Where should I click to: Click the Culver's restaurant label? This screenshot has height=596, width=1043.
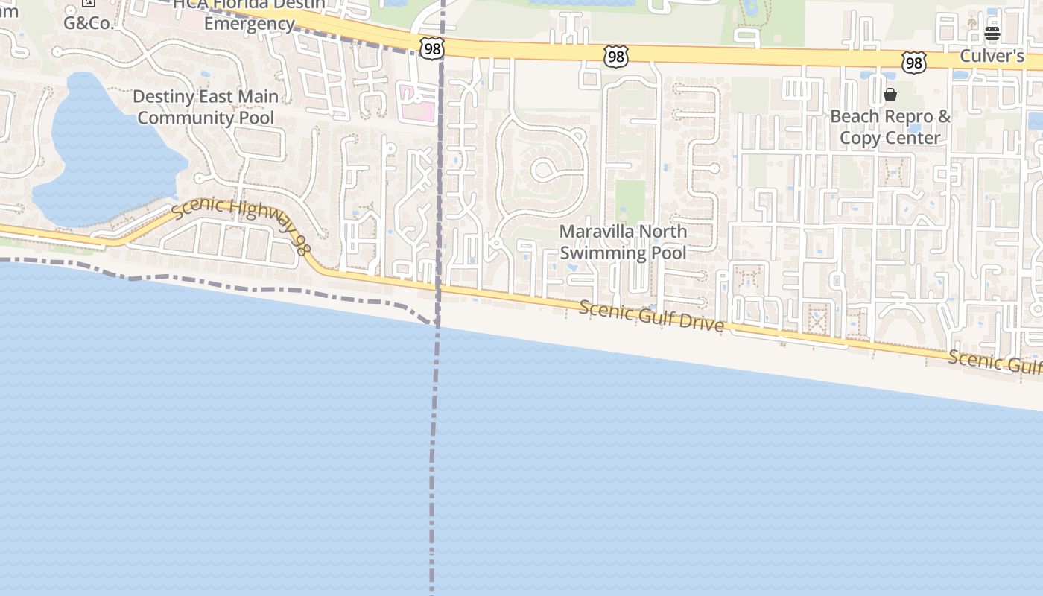click(x=992, y=56)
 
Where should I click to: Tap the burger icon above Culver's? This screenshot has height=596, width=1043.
click(x=992, y=34)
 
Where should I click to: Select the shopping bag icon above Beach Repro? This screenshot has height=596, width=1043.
click(x=890, y=95)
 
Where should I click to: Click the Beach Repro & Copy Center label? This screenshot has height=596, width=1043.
click(x=890, y=127)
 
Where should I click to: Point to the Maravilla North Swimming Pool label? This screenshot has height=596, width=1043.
click(x=623, y=242)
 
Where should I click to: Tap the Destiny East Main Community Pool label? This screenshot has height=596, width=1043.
click(x=206, y=107)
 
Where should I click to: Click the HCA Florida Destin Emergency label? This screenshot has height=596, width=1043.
click(x=249, y=13)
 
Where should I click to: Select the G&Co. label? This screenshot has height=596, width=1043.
click(x=89, y=22)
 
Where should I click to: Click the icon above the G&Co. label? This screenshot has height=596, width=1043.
click(x=89, y=3)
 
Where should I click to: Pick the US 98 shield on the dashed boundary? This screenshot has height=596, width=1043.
click(x=431, y=49)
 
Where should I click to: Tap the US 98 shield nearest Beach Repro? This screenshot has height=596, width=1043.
click(x=913, y=63)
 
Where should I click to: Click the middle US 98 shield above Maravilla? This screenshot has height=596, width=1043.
click(x=616, y=56)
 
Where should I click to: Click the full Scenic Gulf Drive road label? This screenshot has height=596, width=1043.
click(x=651, y=317)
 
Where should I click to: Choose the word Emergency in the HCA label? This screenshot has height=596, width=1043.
click(x=249, y=23)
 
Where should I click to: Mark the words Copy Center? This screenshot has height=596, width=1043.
click(x=890, y=138)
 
